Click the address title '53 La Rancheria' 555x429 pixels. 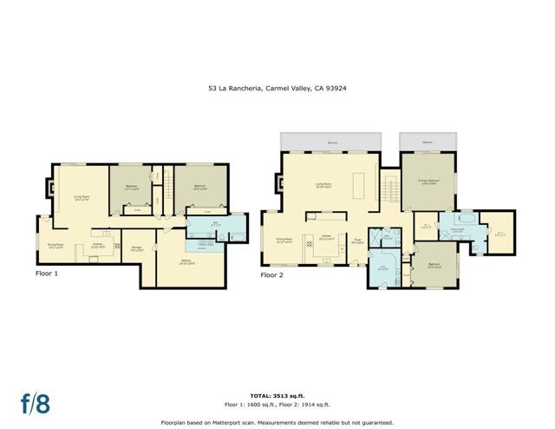pyautogui.click(x=277, y=88)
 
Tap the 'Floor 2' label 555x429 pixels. pyautogui.click(x=271, y=274)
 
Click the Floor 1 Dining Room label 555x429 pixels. pyautogui.click(x=55, y=244)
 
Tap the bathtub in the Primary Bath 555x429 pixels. pyautogui.click(x=458, y=221)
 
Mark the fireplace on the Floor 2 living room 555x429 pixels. pyautogui.click(x=277, y=182)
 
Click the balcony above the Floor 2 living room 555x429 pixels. pyautogui.click(x=331, y=142)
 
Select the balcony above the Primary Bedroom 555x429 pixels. pyautogui.click(x=428, y=142)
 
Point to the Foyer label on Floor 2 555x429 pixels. pyautogui.click(x=357, y=242)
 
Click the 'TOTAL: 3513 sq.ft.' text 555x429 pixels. pyautogui.click(x=277, y=394)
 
